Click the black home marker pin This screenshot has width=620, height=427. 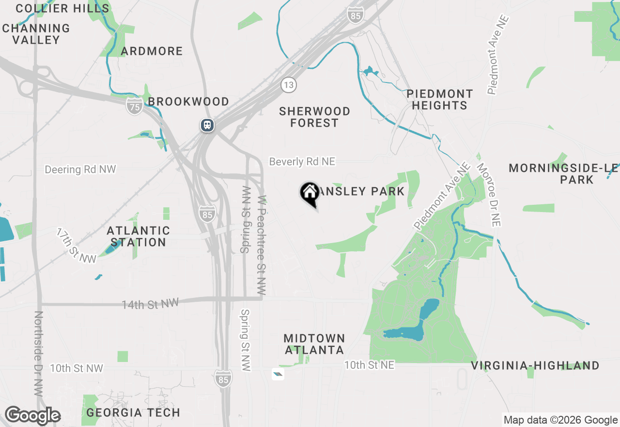310,193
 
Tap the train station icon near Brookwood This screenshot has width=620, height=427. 207,125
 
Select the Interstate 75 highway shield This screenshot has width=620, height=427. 134,105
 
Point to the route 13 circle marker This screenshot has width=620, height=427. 289,85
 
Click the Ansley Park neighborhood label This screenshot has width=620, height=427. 362,191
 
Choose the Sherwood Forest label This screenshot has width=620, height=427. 314,117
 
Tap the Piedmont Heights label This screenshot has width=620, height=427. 440,99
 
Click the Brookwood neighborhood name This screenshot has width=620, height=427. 188,101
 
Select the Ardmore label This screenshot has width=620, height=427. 152,51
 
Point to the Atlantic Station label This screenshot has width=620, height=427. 139,236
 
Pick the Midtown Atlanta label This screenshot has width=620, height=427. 314,344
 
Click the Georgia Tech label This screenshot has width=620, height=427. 133,413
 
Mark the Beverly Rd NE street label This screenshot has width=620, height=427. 302,162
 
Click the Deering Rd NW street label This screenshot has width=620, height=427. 80,169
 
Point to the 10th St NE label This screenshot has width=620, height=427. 369,365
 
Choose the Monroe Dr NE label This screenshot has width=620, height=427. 489,195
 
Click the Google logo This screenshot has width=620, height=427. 32,416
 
